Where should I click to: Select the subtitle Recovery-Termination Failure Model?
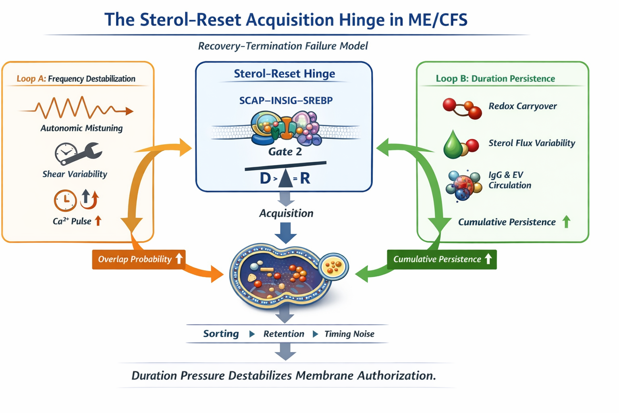click(283, 46)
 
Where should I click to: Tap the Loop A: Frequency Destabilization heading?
click(76, 79)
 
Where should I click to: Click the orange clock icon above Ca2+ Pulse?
click(65, 200)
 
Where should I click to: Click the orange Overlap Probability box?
click(139, 259)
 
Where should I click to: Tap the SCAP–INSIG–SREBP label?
click(286, 100)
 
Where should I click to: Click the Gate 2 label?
click(285, 152)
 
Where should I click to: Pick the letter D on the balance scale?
click(265, 178)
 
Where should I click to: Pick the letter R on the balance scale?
click(305, 178)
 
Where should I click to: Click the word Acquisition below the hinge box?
click(286, 213)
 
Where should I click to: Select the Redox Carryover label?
click(522, 106)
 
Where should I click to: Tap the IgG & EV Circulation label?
click(510, 180)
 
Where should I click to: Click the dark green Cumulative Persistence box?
click(442, 259)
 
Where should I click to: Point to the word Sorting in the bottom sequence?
click(221, 334)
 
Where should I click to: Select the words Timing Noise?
click(349, 334)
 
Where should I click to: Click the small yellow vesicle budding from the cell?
click(333, 266)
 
